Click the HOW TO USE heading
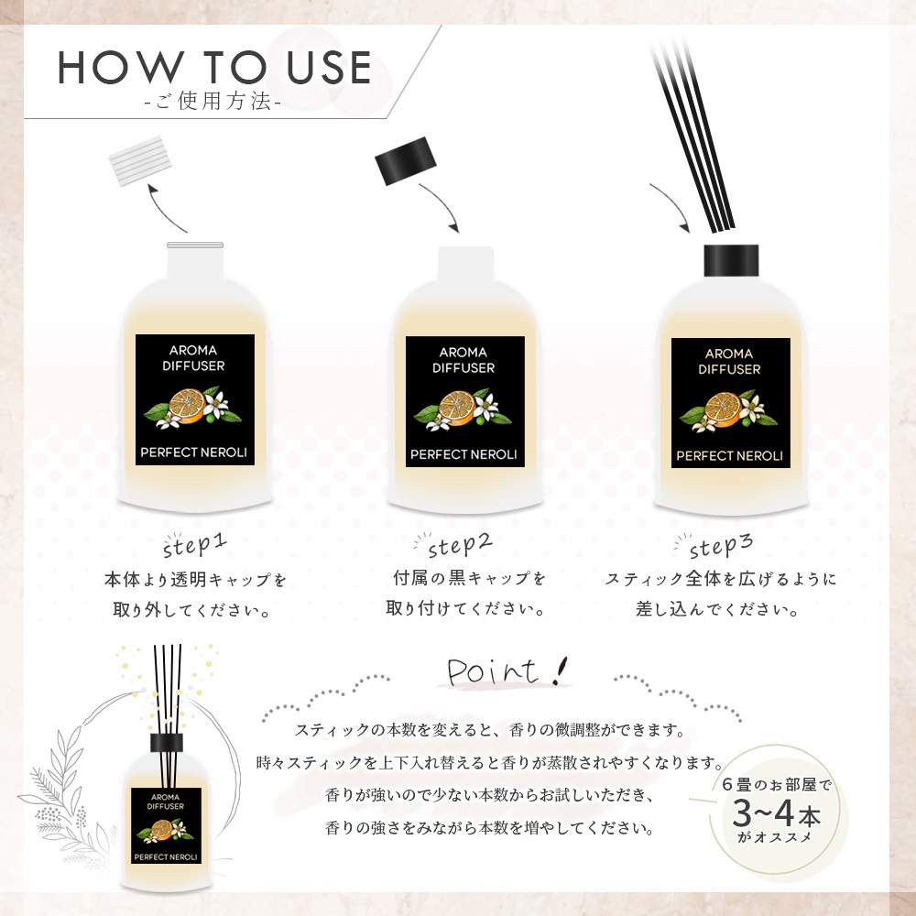click(214, 67)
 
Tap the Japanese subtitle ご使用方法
click(213, 102)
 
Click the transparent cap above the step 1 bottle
click(139, 160)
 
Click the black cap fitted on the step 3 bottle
click(731, 260)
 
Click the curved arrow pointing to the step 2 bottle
click(442, 204)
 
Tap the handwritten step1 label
click(194, 544)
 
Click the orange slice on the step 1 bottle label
click(187, 406)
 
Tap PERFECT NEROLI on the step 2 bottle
click(463, 454)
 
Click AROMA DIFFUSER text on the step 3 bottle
click(729, 361)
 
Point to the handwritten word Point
click(493, 671)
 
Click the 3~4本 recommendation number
click(777, 812)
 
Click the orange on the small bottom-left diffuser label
click(162, 830)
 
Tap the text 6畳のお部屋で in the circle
click(777, 784)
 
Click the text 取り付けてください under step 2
click(465, 608)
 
